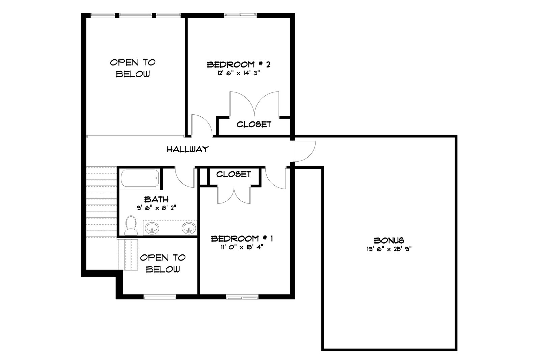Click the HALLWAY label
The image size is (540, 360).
point(188,149)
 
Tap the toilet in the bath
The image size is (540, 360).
point(131,225)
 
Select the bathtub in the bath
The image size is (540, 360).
point(140,178)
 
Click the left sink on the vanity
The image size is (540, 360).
point(152,228)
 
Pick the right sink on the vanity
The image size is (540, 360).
point(189,228)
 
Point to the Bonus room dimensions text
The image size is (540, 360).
point(389,249)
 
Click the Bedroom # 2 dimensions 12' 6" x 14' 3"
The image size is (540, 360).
point(238,73)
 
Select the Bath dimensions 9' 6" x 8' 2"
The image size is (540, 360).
point(157,208)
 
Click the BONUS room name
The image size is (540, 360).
point(389,241)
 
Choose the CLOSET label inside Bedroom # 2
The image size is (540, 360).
point(254,124)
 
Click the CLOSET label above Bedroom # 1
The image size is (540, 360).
point(233,174)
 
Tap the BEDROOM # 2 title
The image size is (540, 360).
point(238,64)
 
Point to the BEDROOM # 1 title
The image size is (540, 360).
point(242,239)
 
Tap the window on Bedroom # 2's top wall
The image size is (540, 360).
point(240,15)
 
